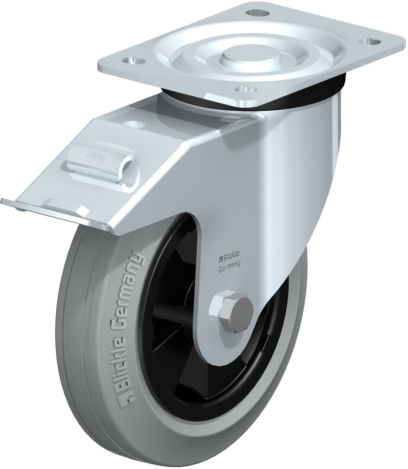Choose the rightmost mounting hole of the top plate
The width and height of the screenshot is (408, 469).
(x=370, y=41)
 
